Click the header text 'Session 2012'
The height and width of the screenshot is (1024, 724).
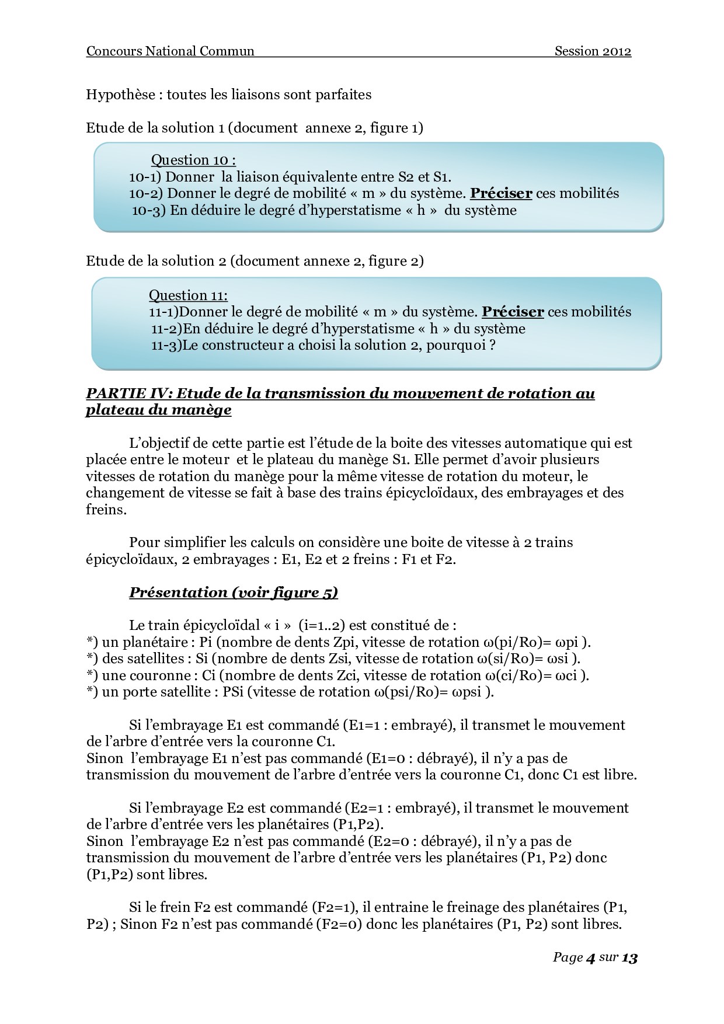(x=593, y=51)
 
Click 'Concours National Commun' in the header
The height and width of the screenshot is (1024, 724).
(x=170, y=51)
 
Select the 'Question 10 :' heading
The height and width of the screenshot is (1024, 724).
(x=193, y=160)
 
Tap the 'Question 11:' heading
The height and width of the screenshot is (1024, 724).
(x=188, y=295)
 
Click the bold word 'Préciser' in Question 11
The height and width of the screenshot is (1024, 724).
(x=513, y=312)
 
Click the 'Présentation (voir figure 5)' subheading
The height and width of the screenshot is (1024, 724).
(x=234, y=593)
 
